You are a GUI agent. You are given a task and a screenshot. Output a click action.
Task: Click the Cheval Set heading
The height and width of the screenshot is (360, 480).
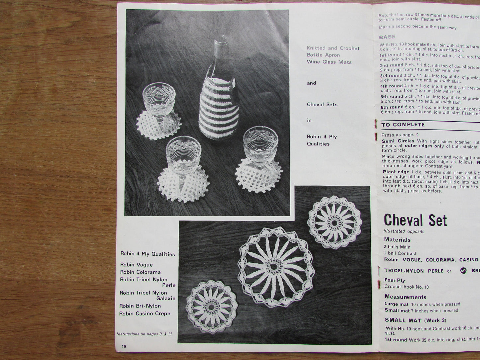415,221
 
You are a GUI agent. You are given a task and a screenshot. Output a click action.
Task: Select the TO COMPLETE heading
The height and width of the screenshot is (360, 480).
403,125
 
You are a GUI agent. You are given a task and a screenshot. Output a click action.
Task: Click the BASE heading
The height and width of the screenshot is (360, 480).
387,37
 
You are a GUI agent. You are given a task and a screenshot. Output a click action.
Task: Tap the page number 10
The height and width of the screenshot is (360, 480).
124,346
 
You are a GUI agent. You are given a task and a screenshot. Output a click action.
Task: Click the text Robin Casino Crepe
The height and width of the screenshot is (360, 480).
145,314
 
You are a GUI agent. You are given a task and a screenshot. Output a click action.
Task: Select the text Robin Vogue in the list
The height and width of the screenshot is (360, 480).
137,265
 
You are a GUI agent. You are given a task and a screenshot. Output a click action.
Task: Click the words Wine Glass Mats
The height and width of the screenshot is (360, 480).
329,62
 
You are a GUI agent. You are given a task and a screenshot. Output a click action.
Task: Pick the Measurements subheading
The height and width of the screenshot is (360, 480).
405,297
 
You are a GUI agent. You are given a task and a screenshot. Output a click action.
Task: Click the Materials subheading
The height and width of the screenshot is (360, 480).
397,240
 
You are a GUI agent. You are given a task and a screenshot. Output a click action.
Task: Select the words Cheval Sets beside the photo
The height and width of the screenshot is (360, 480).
322,104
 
